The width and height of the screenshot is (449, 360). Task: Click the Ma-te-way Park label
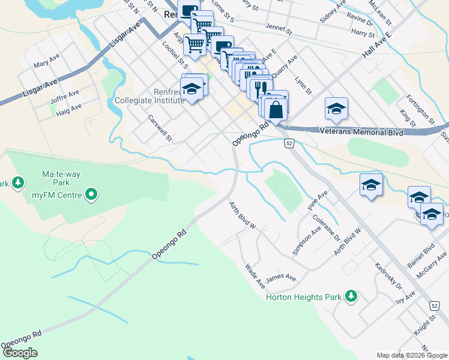61,178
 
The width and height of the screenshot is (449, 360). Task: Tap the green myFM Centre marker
91,194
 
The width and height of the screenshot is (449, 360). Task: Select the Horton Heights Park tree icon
351,296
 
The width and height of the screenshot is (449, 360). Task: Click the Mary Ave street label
46,64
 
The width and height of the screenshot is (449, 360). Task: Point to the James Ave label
281,278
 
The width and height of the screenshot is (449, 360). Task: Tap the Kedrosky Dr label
388,277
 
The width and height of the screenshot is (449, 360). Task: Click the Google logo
19,353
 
